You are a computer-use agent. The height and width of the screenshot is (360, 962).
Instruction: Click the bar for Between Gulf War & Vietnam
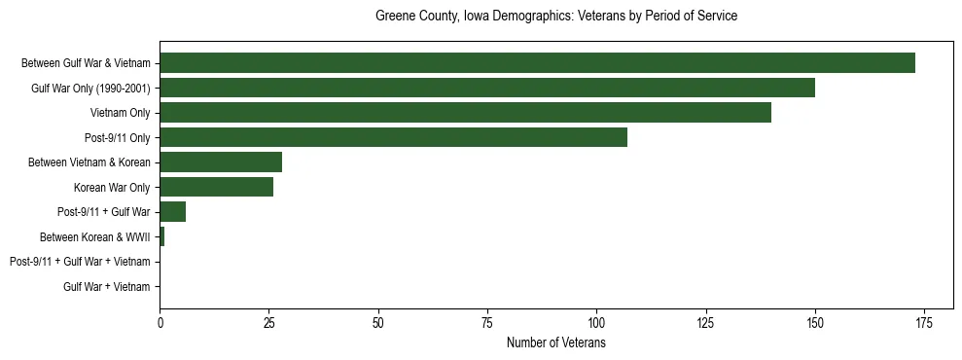click(537, 63)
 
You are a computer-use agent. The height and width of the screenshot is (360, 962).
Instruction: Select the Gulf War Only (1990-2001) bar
click(487, 89)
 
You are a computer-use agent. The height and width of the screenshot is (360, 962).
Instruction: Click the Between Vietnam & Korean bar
click(221, 162)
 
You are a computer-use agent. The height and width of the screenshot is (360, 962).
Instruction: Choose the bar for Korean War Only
click(216, 187)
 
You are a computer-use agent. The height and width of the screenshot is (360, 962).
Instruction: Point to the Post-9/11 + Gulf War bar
click(172, 212)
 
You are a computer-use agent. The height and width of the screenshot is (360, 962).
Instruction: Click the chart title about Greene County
click(556, 17)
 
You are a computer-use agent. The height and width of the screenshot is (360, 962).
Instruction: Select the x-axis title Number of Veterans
click(556, 343)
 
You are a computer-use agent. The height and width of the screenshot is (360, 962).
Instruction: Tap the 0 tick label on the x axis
click(160, 322)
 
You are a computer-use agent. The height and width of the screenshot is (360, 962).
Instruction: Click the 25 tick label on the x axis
click(269, 322)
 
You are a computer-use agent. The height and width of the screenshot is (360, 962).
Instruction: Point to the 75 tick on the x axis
click(487, 322)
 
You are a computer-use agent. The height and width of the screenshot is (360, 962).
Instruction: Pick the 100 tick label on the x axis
click(596, 322)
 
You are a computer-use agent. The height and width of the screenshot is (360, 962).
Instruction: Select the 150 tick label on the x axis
click(815, 322)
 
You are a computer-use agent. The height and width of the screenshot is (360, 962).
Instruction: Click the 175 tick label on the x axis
click(924, 322)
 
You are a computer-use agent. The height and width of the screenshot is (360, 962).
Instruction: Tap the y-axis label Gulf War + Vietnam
click(107, 286)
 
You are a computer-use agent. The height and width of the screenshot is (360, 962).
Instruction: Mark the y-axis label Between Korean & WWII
click(95, 236)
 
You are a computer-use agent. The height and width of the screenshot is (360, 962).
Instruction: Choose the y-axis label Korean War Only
click(112, 187)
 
